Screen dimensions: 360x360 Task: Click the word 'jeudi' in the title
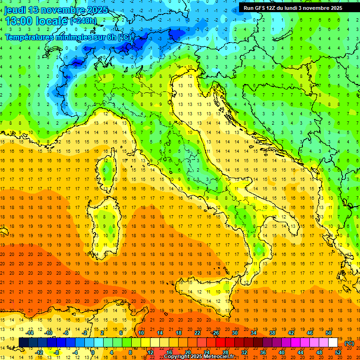pyautogui.click(x=15, y=10)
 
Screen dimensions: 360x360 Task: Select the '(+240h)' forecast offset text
pyautogui.click(x=83, y=21)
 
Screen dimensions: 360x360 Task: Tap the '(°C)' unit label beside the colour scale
pyautogui.click(x=349, y=343)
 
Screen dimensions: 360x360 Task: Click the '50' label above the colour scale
pyautogui.click(x=329, y=333)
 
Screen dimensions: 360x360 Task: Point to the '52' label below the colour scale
pyautogui.click(x=338, y=352)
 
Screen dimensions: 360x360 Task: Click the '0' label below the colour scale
pyautogui.click(x=93, y=352)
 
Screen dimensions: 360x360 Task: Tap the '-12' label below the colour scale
pyautogui.click(x=39, y=352)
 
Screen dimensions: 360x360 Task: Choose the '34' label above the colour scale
pyautogui.click(x=253, y=333)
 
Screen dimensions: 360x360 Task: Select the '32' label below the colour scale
pyautogui.click(x=244, y=352)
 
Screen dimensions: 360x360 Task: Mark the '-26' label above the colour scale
pyautogui.click(x=215, y=333)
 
